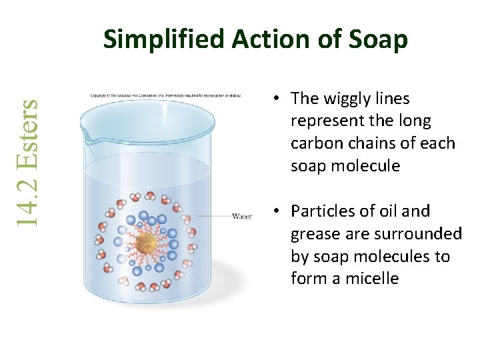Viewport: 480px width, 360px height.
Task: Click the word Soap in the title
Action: [377, 40]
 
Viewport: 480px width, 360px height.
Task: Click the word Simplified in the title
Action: [164, 40]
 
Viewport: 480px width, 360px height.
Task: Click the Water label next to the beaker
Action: [241, 216]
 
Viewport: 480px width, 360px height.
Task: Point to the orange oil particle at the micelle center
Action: [146, 243]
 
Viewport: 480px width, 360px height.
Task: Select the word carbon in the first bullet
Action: [315, 143]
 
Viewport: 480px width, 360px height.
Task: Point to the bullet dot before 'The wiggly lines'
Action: [275, 99]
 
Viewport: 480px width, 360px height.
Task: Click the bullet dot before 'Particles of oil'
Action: [275, 212]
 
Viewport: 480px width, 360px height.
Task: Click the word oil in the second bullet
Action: [388, 211]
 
